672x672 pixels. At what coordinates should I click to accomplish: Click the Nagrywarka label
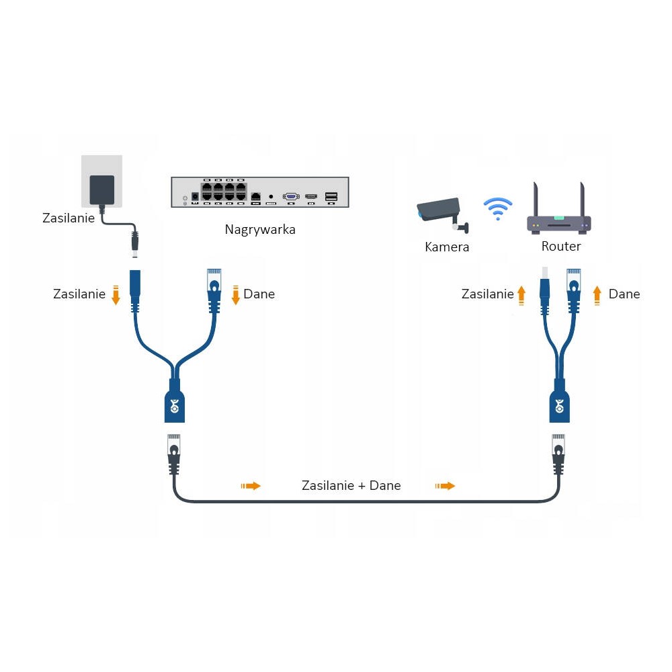tap(260, 230)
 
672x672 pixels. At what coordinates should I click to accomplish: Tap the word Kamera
tap(447, 247)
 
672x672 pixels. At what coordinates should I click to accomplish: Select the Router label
tap(561, 246)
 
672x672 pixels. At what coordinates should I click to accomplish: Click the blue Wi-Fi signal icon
tap(497, 209)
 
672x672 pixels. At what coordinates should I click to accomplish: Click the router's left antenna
tap(536, 200)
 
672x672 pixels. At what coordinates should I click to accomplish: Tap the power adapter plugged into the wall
tap(102, 190)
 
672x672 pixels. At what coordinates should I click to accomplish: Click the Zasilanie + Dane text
tap(351, 486)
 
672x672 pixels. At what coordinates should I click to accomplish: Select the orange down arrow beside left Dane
tap(235, 295)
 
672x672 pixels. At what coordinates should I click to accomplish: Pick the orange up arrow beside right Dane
tap(597, 295)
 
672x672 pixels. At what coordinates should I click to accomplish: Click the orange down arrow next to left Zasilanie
tap(116, 295)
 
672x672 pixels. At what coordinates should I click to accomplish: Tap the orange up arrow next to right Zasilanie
tap(521, 295)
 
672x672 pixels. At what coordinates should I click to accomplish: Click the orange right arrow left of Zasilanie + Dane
tap(251, 486)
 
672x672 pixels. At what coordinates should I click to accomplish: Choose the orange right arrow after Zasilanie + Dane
tap(446, 486)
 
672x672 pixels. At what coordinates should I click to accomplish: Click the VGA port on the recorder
tap(291, 197)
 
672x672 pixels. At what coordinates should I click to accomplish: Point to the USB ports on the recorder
tap(331, 197)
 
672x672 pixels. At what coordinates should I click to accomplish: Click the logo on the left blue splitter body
tap(175, 406)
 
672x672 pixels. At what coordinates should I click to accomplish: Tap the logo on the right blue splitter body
tap(559, 406)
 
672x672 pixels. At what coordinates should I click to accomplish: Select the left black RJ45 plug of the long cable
tap(173, 454)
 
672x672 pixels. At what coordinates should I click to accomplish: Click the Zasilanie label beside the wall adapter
tap(69, 218)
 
